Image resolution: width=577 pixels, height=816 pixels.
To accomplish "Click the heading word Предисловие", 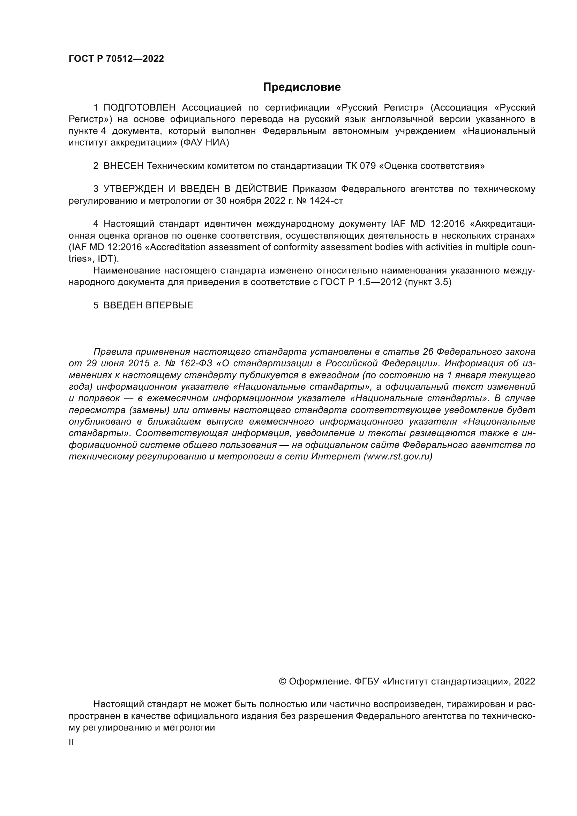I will click(302, 87).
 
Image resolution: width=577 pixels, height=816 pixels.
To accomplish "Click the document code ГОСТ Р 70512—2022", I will click(116, 59).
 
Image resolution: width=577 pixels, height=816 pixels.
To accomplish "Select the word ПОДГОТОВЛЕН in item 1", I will click(140, 108).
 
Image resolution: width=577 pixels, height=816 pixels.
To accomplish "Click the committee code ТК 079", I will click(361, 166).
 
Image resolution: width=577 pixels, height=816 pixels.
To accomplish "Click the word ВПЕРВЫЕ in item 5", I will click(170, 305).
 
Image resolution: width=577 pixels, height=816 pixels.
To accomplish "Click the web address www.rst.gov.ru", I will click(398, 457).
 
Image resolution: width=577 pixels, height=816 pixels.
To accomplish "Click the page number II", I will click(71, 742).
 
